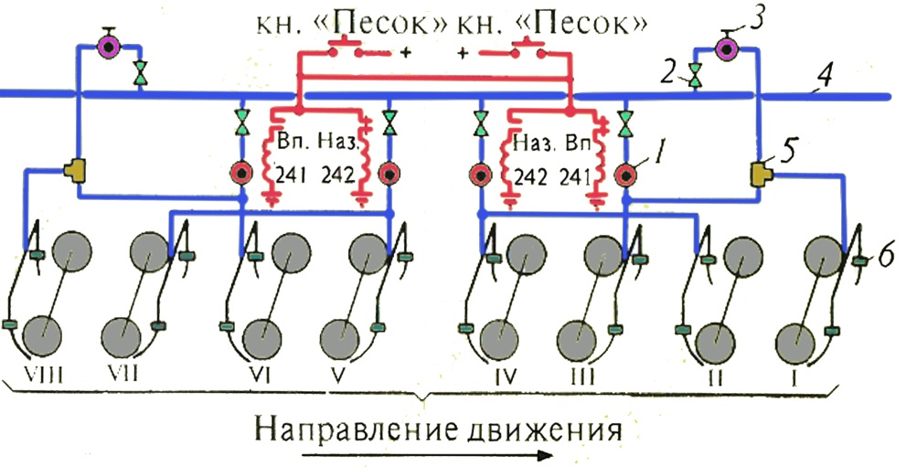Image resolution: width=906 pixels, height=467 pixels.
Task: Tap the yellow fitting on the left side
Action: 73,170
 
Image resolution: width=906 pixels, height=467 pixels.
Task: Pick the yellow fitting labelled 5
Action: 760,171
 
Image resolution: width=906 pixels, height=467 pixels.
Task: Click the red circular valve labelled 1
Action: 627,174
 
